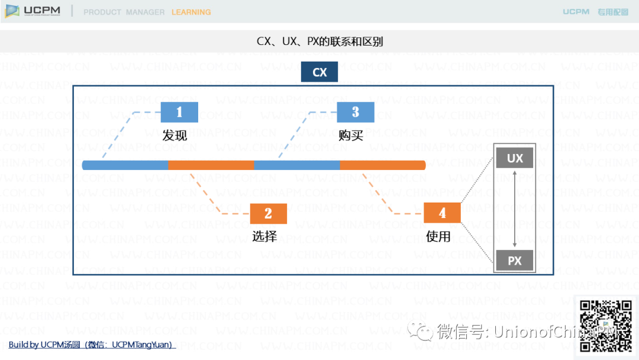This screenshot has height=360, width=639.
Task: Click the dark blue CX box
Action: click(319, 72)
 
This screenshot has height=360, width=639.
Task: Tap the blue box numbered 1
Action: click(179, 112)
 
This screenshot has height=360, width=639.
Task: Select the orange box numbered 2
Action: click(268, 214)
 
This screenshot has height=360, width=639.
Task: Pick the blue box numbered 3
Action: click(356, 112)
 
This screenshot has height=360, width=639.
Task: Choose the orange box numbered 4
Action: click(442, 214)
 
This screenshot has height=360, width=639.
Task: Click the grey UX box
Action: click(515, 158)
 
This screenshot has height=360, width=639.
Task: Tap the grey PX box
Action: click(515, 261)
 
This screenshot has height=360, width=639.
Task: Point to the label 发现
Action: click(175, 135)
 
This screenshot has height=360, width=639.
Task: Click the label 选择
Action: click(264, 236)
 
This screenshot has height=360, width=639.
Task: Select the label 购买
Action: click(351, 135)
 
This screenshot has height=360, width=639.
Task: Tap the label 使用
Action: click(438, 236)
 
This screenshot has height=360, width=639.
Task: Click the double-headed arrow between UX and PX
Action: click(515, 209)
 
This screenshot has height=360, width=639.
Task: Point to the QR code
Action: click(605, 326)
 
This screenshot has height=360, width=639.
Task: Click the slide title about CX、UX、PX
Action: click(319, 41)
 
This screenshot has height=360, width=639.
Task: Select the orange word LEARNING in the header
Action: click(191, 12)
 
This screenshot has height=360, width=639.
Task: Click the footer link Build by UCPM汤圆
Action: click(91, 345)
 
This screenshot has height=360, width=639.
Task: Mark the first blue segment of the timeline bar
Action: click(125, 165)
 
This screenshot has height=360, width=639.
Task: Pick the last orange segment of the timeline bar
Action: click(383, 165)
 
